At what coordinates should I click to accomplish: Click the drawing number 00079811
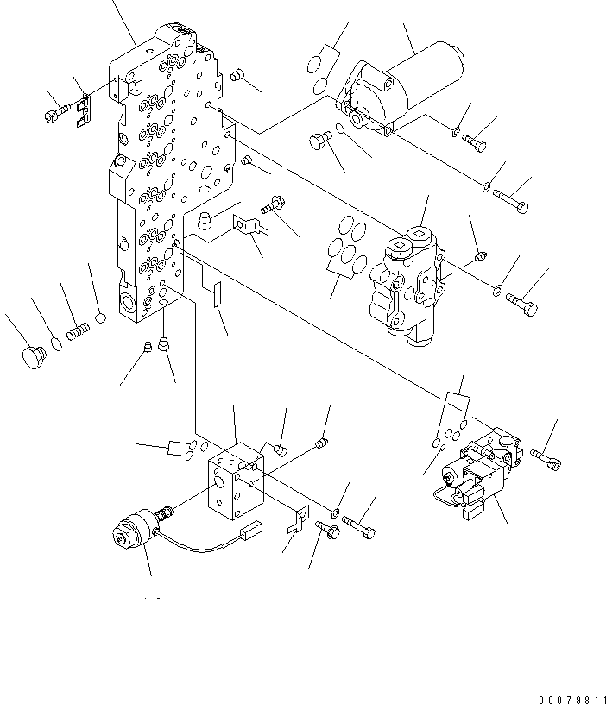pos(572,700)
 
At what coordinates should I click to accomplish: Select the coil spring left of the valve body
pos(79,333)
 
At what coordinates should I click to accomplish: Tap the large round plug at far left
pos(34,357)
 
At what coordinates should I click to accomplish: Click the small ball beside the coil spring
pos(101,318)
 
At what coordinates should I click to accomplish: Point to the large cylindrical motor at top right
pos(401,89)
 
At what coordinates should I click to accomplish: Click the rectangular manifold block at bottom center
pos(236,481)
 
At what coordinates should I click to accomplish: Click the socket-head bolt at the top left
pos(57,112)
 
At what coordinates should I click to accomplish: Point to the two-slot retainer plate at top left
pos(84,110)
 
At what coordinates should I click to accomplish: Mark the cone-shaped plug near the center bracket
pos(205,221)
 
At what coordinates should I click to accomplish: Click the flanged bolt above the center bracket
pos(274,204)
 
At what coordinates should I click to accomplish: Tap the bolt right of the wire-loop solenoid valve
pos(546,459)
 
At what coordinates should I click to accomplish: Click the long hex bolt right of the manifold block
pos(358,526)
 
